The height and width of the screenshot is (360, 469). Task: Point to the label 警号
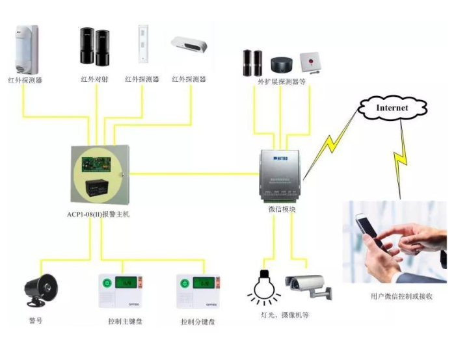(36, 321)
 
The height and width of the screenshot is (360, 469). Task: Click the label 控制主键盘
(124, 321)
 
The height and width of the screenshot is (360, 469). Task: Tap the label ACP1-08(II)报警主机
(98, 214)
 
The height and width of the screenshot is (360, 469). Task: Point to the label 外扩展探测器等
(282, 83)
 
